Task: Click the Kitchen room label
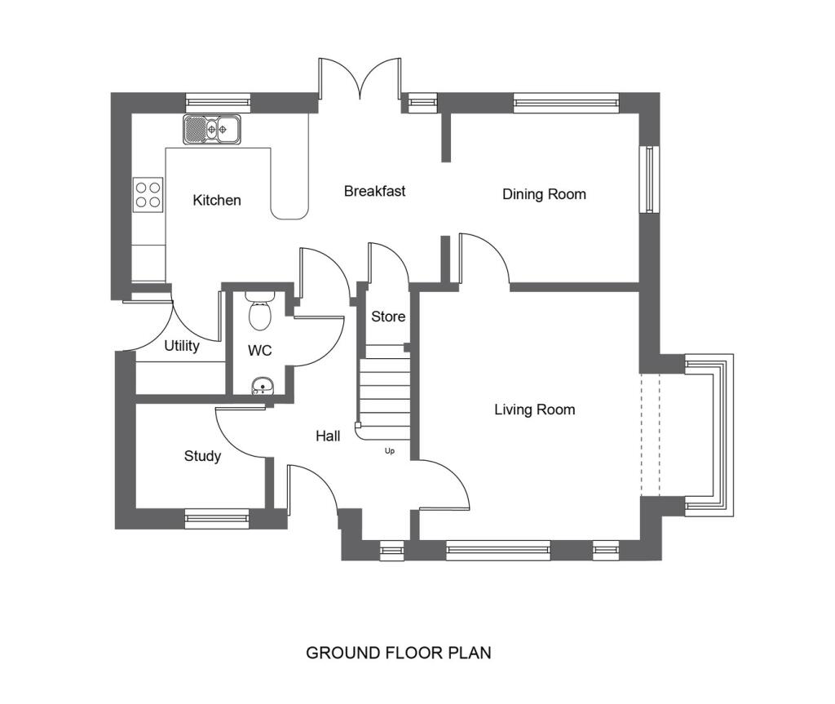point(216,200)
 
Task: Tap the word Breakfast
point(374,191)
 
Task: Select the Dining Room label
point(544,194)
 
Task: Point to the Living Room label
point(534,410)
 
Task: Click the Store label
point(388,317)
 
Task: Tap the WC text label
point(259,350)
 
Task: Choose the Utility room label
point(181,346)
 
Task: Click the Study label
point(201,456)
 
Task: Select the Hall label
point(328,436)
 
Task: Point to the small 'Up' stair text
point(389,450)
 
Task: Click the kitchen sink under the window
point(212,129)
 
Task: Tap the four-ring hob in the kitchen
point(148,194)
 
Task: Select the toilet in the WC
point(259,310)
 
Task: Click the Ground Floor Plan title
point(398,653)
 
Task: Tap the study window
point(216,518)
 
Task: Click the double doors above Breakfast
point(360,82)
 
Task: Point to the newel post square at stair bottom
point(358,425)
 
